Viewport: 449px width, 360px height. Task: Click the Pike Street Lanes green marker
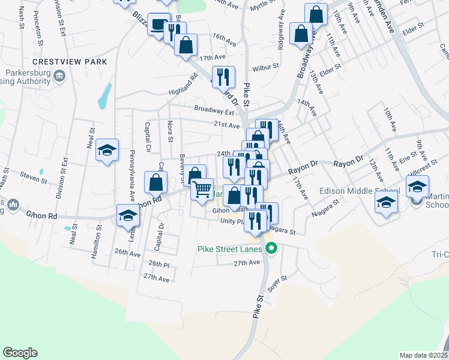click(x=271, y=248)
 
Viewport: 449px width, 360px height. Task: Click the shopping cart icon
click(x=202, y=189)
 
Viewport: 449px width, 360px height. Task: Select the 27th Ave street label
click(x=247, y=263)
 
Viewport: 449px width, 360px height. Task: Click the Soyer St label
click(x=277, y=281)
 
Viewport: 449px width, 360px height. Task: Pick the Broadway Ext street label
click(x=213, y=111)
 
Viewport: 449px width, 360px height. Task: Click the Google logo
click(x=20, y=353)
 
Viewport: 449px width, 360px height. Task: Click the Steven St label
click(x=33, y=177)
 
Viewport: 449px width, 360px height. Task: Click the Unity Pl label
click(x=231, y=221)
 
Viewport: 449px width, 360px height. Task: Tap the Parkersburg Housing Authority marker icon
click(x=59, y=76)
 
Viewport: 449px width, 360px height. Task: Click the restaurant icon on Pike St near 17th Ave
click(x=223, y=76)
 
